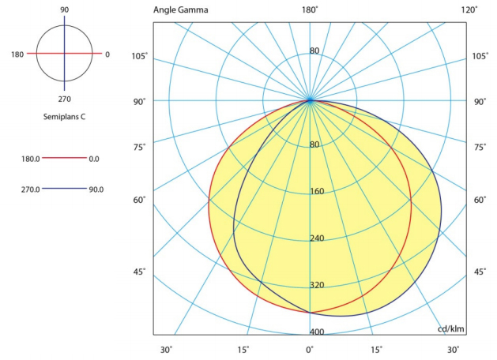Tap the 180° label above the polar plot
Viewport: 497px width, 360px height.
[310, 9]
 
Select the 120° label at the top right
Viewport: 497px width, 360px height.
[469, 9]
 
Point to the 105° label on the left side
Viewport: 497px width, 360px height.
[140, 56]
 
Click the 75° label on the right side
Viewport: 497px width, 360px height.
[480, 147]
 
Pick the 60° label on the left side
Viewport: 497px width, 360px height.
[140, 200]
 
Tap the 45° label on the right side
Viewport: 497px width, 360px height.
[480, 272]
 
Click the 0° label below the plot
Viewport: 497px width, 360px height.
[310, 350]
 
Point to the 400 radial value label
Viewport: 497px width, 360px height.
[316, 332]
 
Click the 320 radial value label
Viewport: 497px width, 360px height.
[316, 285]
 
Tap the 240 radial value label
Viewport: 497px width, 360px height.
[316, 238]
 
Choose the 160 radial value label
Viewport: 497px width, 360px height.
[316, 192]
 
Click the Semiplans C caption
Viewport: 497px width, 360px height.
[64, 116]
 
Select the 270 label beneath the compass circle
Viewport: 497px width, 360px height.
[64, 99]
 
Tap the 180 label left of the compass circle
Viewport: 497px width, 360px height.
[17, 54]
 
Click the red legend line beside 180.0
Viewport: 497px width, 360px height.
[64, 159]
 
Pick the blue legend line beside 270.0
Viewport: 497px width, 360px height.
[64, 189]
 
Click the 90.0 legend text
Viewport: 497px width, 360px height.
[95, 189]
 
